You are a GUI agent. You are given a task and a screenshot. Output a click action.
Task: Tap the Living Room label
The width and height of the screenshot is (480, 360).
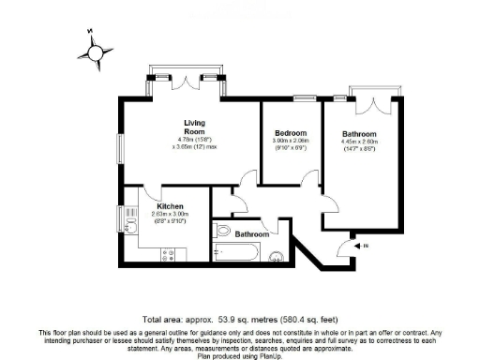pyautogui.click(x=194, y=127)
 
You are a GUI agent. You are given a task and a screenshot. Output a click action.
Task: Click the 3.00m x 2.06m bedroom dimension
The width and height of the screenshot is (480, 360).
pyautogui.click(x=291, y=142)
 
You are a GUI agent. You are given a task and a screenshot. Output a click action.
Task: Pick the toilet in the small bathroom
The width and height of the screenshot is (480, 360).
pyautogui.click(x=224, y=232)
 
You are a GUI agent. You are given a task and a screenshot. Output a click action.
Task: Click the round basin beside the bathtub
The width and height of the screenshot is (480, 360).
pyautogui.click(x=277, y=257)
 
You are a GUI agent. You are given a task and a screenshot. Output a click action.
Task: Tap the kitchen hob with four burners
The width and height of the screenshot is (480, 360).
pyautogui.click(x=171, y=254)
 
